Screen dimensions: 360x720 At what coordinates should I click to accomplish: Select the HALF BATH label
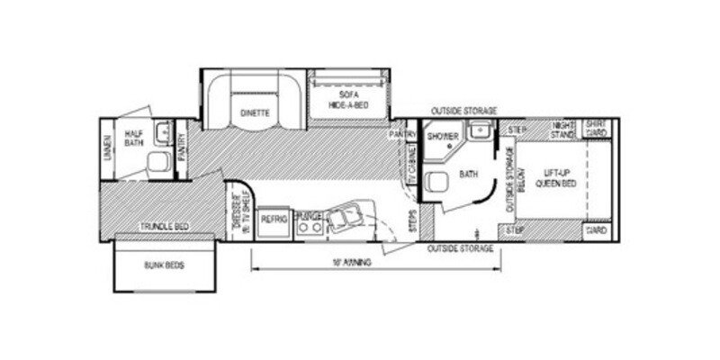(134, 135)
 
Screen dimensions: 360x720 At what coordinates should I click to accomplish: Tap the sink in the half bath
(163, 135)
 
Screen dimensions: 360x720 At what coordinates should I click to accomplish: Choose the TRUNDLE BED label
(162, 226)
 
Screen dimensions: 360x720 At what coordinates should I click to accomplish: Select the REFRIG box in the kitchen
(274, 219)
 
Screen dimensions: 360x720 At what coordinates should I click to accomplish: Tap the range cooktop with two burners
(310, 224)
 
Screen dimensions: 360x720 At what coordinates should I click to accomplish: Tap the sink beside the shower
(481, 131)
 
